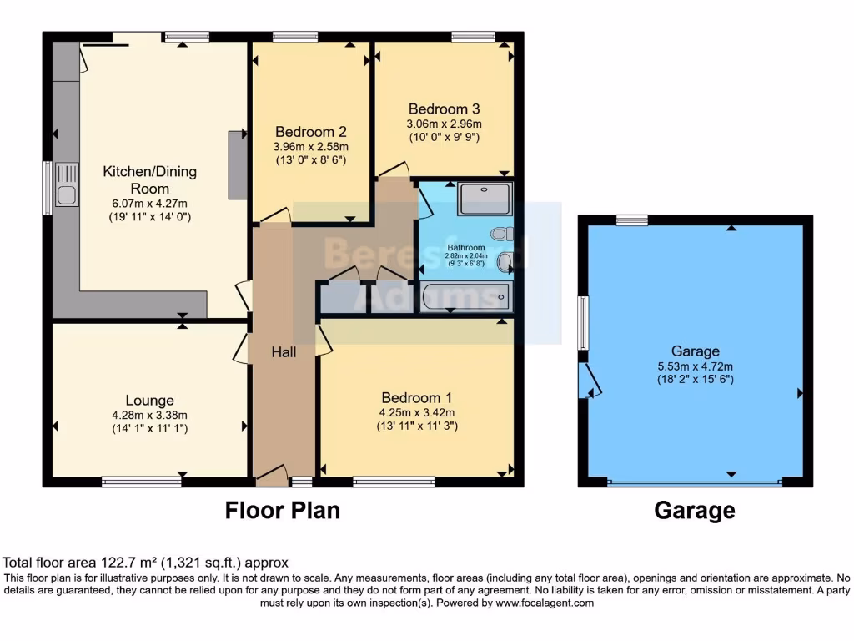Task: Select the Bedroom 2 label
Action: pyautogui.click(x=311, y=132)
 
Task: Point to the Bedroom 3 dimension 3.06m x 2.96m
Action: pyautogui.click(x=444, y=124)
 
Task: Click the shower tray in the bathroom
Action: pyautogui.click(x=485, y=199)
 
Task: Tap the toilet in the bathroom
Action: pyautogui.click(x=504, y=235)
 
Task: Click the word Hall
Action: pyautogui.click(x=284, y=353)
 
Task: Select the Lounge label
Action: pyautogui.click(x=150, y=401)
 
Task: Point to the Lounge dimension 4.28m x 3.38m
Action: pyautogui.click(x=150, y=415)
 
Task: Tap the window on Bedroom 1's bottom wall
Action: pyautogui.click(x=394, y=482)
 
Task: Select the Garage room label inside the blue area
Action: pyautogui.click(x=695, y=351)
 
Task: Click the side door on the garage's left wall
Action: pyautogui.click(x=588, y=381)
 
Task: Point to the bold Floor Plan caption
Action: pyautogui.click(x=283, y=510)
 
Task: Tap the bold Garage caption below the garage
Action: pyautogui.click(x=695, y=510)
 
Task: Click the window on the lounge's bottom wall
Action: pyautogui.click(x=142, y=482)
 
